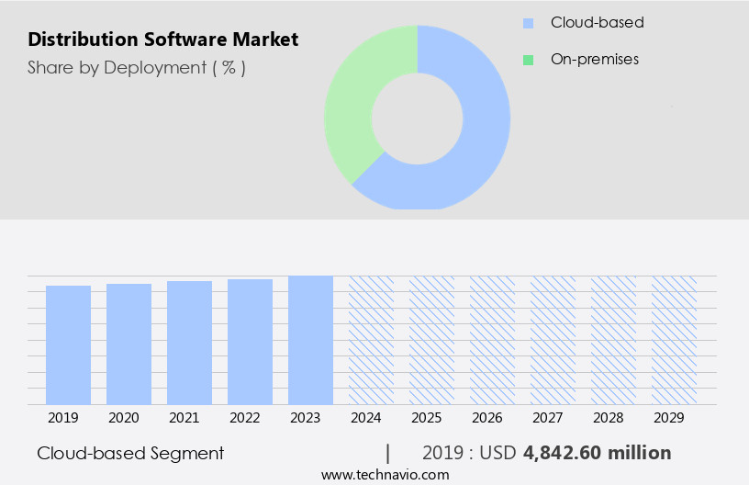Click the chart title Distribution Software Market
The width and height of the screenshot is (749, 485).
tap(162, 39)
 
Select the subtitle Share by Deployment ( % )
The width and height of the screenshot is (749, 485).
tap(137, 67)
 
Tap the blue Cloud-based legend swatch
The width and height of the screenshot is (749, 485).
tap(528, 23)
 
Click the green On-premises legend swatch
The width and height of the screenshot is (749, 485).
tap(528, 60)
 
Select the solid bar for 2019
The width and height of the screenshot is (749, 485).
tap(68, 344)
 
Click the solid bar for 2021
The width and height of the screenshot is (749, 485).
tap(189, 342)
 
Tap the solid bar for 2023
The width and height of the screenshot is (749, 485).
tap(310, 339)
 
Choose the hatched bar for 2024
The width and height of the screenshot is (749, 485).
tap(371, 339)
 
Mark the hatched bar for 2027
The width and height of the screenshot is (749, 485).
tap(553, 339)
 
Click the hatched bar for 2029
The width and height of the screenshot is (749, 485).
tap(674, 339)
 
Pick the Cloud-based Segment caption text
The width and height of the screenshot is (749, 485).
tap(130, 453)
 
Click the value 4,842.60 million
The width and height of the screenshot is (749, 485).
tap(597, 453)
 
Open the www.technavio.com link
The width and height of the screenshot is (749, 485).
tap(386, 475)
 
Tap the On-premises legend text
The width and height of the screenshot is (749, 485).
tap(595, 60)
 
